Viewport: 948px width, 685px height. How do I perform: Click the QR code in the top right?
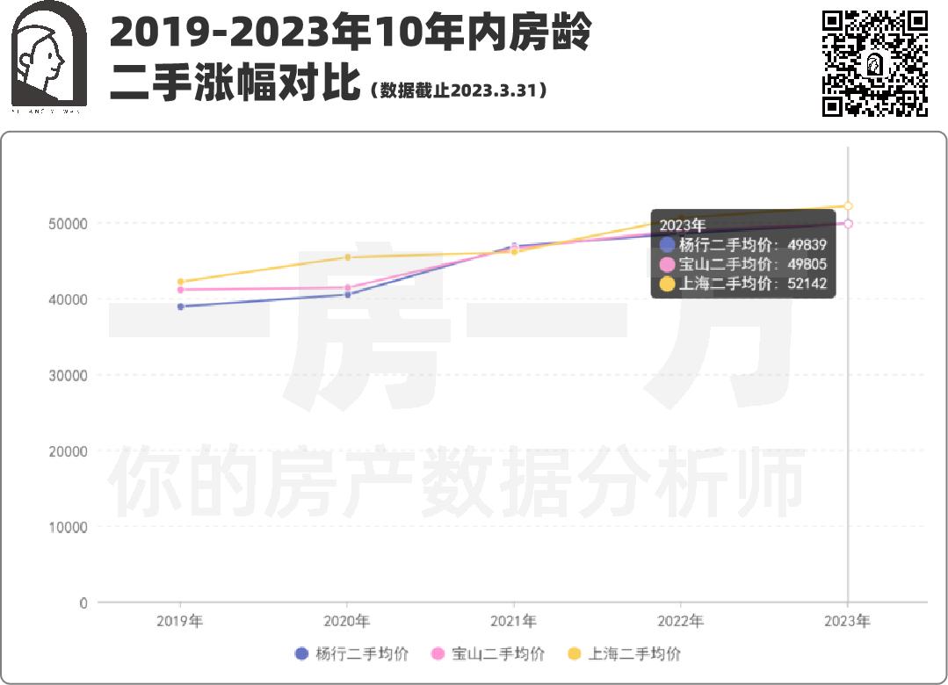[x=874, y=63]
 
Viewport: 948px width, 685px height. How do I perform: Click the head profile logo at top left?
[x=47, y=54]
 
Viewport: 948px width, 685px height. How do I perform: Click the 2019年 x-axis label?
[x=180, y=621]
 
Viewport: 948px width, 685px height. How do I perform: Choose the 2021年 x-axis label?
[x=514, y=621]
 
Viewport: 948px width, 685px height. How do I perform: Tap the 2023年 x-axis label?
[x=848, y=621]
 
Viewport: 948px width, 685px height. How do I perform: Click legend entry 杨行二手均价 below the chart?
[x=351, y=653]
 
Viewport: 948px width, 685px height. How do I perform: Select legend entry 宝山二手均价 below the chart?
[x=488, y=653]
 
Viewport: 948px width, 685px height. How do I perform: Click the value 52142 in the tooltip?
[x=807, y=284]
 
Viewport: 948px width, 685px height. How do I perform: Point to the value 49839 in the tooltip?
[x=807, y=245]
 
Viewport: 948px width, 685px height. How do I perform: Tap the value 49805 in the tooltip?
[x=807, y=264]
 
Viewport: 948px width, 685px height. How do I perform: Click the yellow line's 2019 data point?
[x=180, y=282]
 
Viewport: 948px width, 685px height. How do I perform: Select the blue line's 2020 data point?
[x=347, y=294]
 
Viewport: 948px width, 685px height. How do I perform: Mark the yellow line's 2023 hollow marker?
[x=848, y=206]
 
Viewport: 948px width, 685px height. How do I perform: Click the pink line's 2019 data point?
[x=180, y=290]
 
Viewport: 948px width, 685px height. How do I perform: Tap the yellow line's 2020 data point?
[x=347, y=257]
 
